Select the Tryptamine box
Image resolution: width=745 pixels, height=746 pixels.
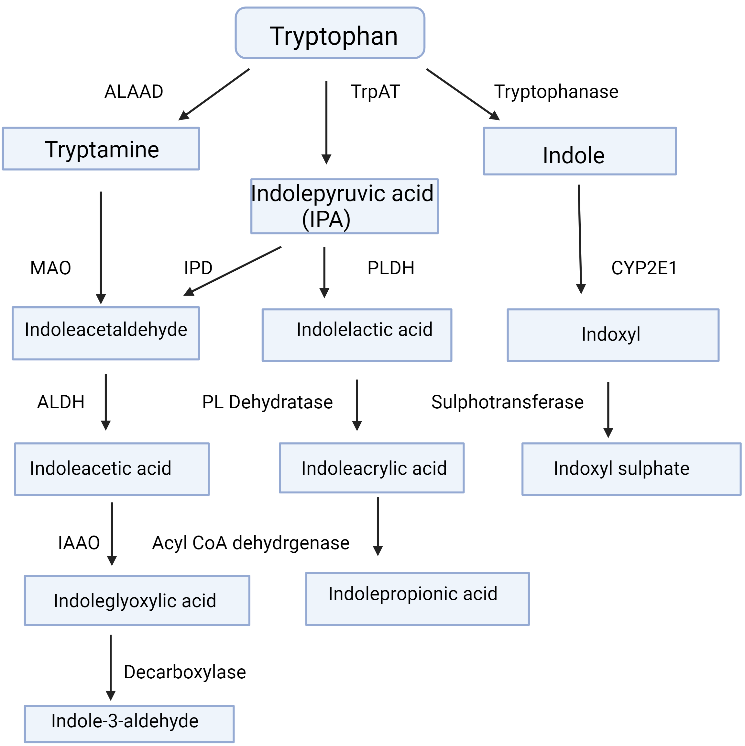[101, 149]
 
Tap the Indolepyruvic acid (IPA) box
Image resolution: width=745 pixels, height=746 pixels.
[344, 206]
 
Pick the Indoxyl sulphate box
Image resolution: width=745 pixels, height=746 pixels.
[631, 469]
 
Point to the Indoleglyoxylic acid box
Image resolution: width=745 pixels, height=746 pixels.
[137, 600]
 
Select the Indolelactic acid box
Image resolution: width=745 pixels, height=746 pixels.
[356, 335]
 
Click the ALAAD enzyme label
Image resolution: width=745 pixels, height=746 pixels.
[134, 92]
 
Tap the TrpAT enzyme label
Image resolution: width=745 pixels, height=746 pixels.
[375, 92]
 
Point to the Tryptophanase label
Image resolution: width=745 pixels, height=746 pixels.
[556, 92]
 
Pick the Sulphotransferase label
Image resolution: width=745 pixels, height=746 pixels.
[507, 402]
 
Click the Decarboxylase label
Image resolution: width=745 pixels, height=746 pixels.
[185, 672]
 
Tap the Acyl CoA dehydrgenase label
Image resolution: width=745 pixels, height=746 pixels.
[251, 543]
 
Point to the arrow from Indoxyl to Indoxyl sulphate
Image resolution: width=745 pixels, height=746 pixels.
[608, 409]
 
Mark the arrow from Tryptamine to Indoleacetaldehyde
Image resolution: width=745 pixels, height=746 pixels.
[101, 247]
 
